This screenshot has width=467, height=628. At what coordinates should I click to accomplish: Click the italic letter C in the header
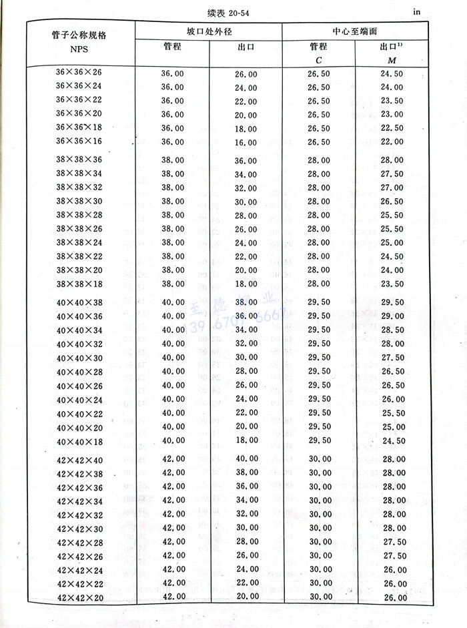tap(318, 61)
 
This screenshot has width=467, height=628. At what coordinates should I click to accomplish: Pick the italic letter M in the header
tap(392, 61)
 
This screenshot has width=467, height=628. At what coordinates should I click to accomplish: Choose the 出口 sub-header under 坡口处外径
tap(246, 47)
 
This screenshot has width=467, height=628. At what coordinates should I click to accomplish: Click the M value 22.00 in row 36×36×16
tap(392, 142)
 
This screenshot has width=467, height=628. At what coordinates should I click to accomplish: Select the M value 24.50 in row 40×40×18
tap(392, 441)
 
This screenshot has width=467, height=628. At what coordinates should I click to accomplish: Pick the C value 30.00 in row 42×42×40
tap(319, 459)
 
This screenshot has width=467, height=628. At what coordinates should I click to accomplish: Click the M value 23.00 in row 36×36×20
tap(392, 114)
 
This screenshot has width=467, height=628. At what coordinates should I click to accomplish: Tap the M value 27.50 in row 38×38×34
tap(392, 174)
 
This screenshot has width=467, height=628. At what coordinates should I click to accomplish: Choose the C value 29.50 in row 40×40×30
tap(319, 358)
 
